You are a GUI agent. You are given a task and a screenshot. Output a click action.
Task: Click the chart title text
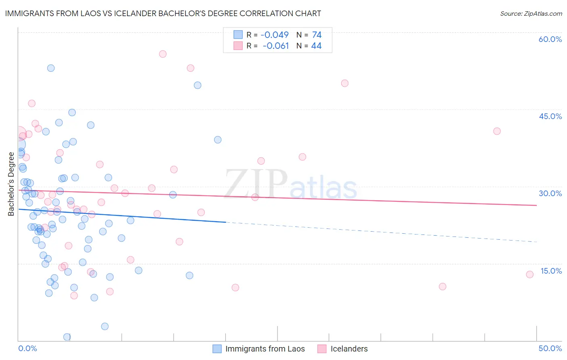click(x=163, y=13)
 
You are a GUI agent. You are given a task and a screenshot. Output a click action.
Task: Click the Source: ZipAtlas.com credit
click(x=531, y=13)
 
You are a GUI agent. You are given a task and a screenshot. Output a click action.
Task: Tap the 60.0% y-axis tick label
click(x=550, y=39)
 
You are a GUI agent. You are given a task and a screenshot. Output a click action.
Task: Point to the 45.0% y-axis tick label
click(x=550, y=116)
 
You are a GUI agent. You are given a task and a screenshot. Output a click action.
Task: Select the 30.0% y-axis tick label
click(x=550, y=193)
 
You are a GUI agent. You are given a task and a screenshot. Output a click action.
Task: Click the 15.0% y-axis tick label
click(x=551, y=271)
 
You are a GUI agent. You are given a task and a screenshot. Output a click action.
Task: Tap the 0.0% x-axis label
click(x=27, y=348)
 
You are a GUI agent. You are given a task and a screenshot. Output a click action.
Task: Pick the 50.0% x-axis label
click(x=550, y=348)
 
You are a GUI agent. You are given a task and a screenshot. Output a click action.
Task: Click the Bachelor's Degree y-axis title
click(x=11, y=184)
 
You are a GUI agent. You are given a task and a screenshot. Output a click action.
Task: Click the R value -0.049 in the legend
click(x=275, y=35)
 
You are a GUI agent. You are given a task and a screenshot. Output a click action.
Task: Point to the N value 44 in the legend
click(x=316, y=46)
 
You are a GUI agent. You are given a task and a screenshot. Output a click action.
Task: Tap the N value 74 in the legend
click(x=317, y=35)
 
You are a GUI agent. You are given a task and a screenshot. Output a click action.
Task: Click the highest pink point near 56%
click(x=163, y=54)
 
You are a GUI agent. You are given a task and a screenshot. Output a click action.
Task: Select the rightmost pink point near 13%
click(x=529, y=274)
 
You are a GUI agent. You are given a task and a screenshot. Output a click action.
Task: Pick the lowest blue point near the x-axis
click(x=67, y=337)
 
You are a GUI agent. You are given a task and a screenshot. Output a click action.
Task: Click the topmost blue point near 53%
click(x=51, y=68)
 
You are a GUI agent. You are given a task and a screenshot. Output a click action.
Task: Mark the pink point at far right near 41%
click(x=497, y=131)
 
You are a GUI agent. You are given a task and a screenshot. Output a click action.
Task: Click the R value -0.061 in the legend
click(x=276, y=46)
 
